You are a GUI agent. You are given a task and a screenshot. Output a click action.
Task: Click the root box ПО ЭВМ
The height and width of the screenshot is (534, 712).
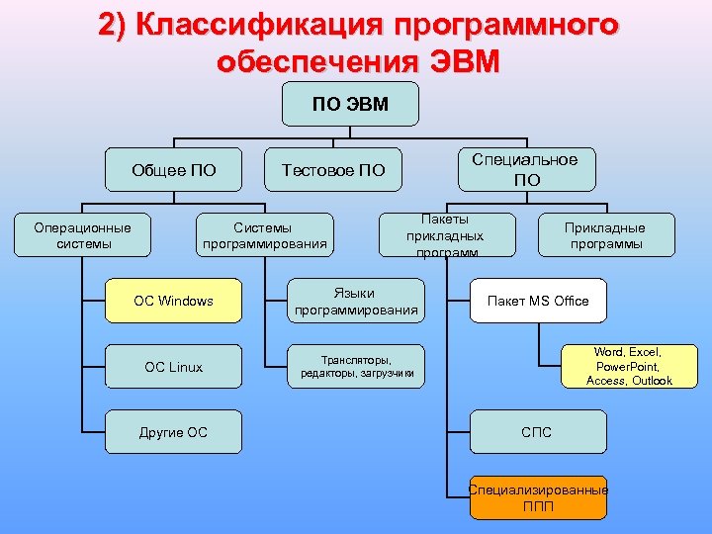(350, 104)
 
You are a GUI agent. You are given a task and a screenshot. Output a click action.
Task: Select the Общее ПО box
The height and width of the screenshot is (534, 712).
(174, 170)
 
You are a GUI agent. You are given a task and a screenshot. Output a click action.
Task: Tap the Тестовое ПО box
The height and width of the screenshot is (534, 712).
(333, 170)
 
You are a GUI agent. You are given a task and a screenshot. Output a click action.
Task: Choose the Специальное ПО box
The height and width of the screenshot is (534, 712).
(526, 169)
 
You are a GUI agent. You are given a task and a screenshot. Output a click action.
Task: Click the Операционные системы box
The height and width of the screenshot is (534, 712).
(83, 234)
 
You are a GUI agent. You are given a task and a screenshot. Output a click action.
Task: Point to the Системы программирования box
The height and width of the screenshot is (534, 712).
(263, 234)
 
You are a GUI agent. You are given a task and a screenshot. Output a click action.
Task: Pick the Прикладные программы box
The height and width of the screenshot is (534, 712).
(604, 235)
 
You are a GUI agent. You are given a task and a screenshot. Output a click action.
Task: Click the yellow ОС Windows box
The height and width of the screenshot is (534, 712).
(174, 301)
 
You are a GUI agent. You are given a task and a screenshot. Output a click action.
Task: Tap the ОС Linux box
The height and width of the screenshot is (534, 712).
(174, 367)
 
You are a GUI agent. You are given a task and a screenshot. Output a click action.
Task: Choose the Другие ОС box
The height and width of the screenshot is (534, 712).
(174, 432)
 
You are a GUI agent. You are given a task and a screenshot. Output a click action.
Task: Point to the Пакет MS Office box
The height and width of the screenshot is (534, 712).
(538, 301)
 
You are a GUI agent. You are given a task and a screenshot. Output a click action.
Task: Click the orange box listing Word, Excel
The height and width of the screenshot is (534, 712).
(629, 366)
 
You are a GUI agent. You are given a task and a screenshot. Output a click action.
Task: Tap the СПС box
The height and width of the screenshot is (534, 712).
(537, 432)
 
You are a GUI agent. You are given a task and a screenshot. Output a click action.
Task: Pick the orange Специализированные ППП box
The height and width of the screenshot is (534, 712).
(538, 498)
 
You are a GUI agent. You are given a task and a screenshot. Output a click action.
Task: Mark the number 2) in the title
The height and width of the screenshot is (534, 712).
(114, 25)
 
